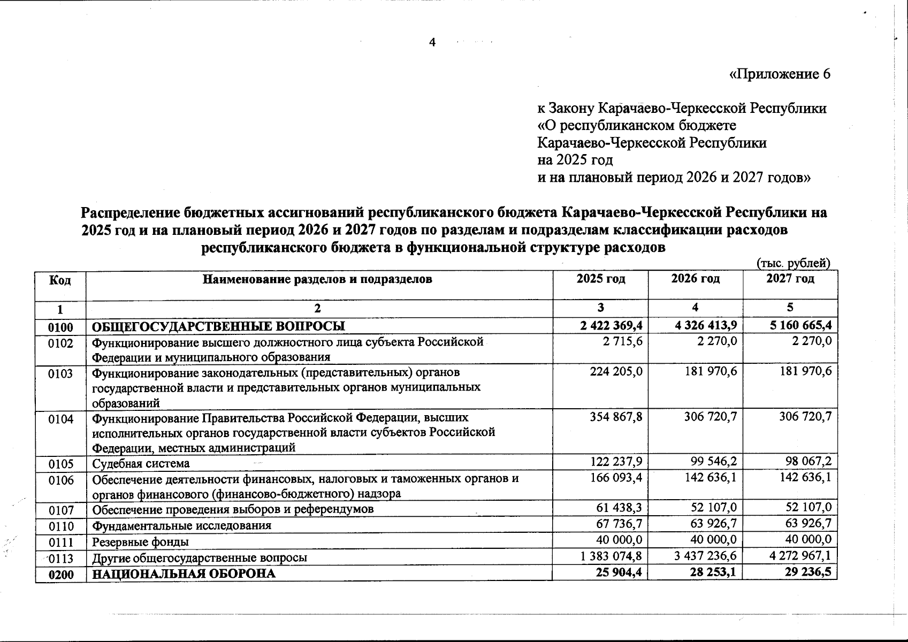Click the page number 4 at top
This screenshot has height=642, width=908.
click(432, 42)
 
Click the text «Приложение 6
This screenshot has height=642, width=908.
click(780, 74)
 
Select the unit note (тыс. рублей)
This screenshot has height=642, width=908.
click(793, 263)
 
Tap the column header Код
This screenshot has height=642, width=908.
click(60, 280)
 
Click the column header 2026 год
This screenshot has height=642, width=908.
click(695, 279)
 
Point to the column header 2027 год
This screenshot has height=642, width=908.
click(790, 279)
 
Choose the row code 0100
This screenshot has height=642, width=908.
click(60, 326)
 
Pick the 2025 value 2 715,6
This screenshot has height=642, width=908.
click(622, 341)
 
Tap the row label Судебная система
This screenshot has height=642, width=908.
click(141, 463)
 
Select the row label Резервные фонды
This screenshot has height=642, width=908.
click(140, 541)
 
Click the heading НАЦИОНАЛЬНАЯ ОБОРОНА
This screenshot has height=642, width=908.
click(184, 574)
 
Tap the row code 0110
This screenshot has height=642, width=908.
click(60, 526)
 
